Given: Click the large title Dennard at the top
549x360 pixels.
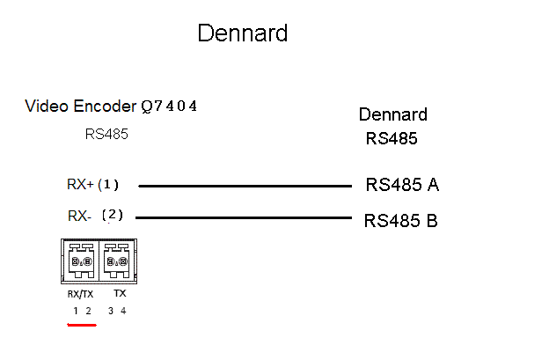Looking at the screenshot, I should click(242, 33).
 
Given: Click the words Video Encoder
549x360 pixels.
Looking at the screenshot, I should click(80, 107).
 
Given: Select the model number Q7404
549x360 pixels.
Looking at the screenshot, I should click(169, 107).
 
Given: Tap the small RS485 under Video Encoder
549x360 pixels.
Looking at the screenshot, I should click(106, 135).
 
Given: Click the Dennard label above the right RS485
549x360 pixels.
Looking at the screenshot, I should click(392, 114).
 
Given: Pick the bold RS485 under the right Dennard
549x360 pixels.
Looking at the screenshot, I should click(392, 138).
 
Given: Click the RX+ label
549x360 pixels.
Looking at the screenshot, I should click(80, 185).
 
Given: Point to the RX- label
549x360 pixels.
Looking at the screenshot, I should click(80, 216).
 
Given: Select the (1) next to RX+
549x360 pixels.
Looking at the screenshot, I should click(108, 185).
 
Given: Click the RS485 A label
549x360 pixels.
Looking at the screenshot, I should click(402, 185).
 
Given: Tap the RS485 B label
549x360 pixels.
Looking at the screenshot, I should click(401, 220).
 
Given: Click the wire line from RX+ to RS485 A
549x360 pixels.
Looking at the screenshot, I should click(245, 186).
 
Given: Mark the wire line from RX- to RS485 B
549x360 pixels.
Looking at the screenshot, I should click(245, 217).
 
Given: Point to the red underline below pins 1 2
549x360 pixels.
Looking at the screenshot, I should click(82, 323).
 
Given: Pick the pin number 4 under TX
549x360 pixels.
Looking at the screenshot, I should click(123, 311).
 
